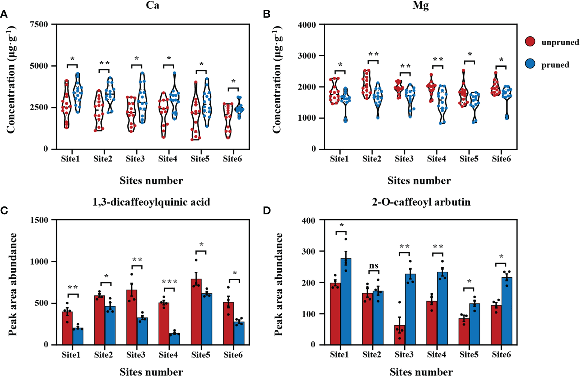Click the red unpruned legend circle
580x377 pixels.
[530, 42]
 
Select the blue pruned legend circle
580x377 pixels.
[530, 64]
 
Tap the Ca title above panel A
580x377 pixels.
[152, 5]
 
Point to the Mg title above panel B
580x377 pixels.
[420, 5]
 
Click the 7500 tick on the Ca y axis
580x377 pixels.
[39, 24]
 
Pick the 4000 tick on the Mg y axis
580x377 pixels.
[307, 25]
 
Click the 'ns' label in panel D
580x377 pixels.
[374, 266]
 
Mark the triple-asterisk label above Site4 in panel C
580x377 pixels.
[169, 282]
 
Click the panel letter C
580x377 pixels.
[4, 211]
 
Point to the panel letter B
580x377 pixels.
[267, 14]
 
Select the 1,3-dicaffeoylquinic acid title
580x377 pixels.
[151, 202]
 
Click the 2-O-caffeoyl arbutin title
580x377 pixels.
[421, 202]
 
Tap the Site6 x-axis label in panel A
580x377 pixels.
[232, 159]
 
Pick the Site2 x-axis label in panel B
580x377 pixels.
[372, 159]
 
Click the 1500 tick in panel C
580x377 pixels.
[39, 220]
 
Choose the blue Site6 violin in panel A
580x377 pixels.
[239, 108]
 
